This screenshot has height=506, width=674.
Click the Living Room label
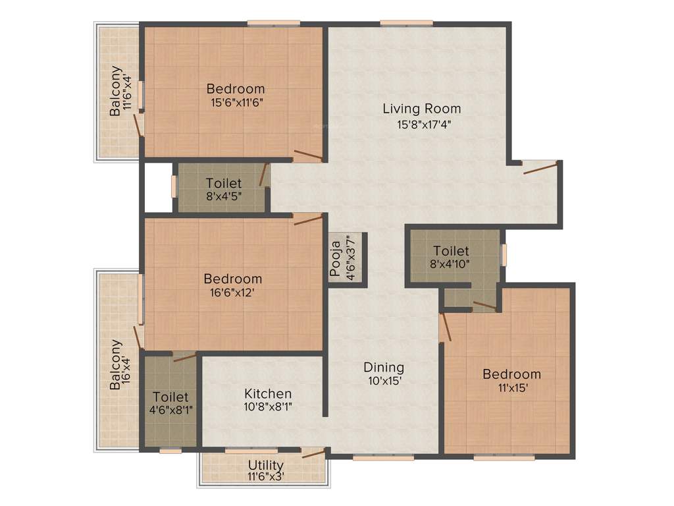tap(421, 109)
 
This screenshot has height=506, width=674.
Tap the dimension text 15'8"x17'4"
tap(421, 124)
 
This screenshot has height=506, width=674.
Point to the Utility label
tap(265, 465)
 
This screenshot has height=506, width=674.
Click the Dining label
tap(384, 368)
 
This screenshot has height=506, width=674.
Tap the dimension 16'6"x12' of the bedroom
tap(232, 293)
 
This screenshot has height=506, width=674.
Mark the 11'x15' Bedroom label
tap(511, 374)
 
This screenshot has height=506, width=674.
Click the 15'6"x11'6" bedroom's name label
tap(236, 88)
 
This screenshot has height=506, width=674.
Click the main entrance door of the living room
tap(540, 167)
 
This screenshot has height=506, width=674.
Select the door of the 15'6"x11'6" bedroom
tap(307, 156)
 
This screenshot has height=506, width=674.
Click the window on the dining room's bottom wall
tap(383, 457)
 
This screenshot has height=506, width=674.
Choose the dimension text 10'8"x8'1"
tap(267, 407)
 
